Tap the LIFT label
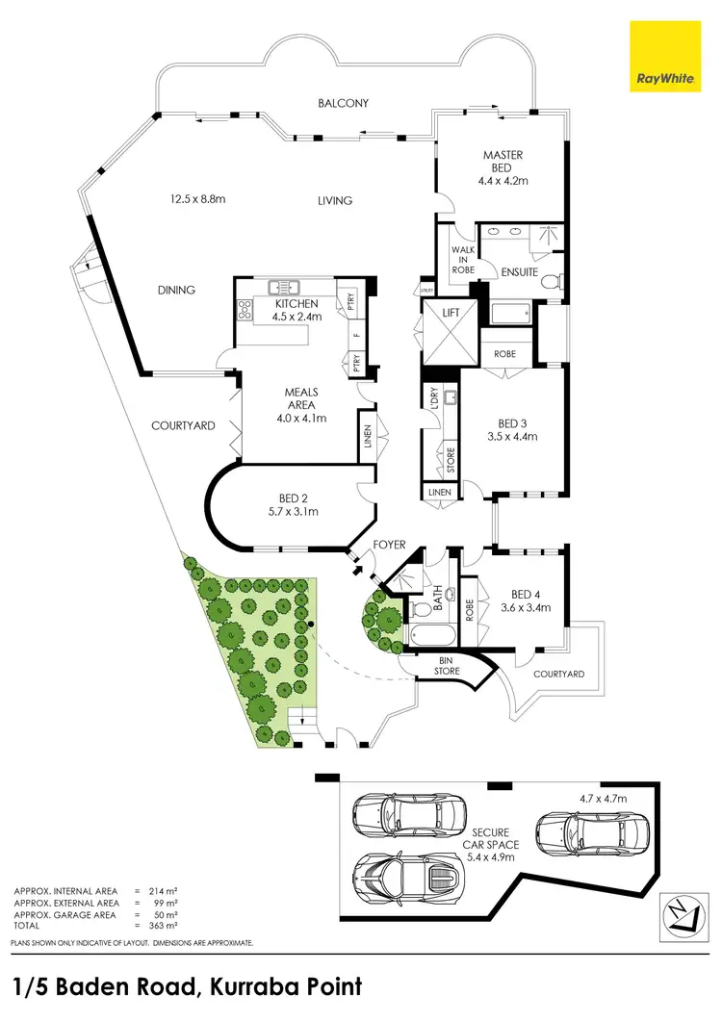(450, 314)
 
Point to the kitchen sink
(286, 285)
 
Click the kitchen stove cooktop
(244, 310)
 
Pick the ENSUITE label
(519, 273)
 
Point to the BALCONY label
(344, 103)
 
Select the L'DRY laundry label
(433, 396)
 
